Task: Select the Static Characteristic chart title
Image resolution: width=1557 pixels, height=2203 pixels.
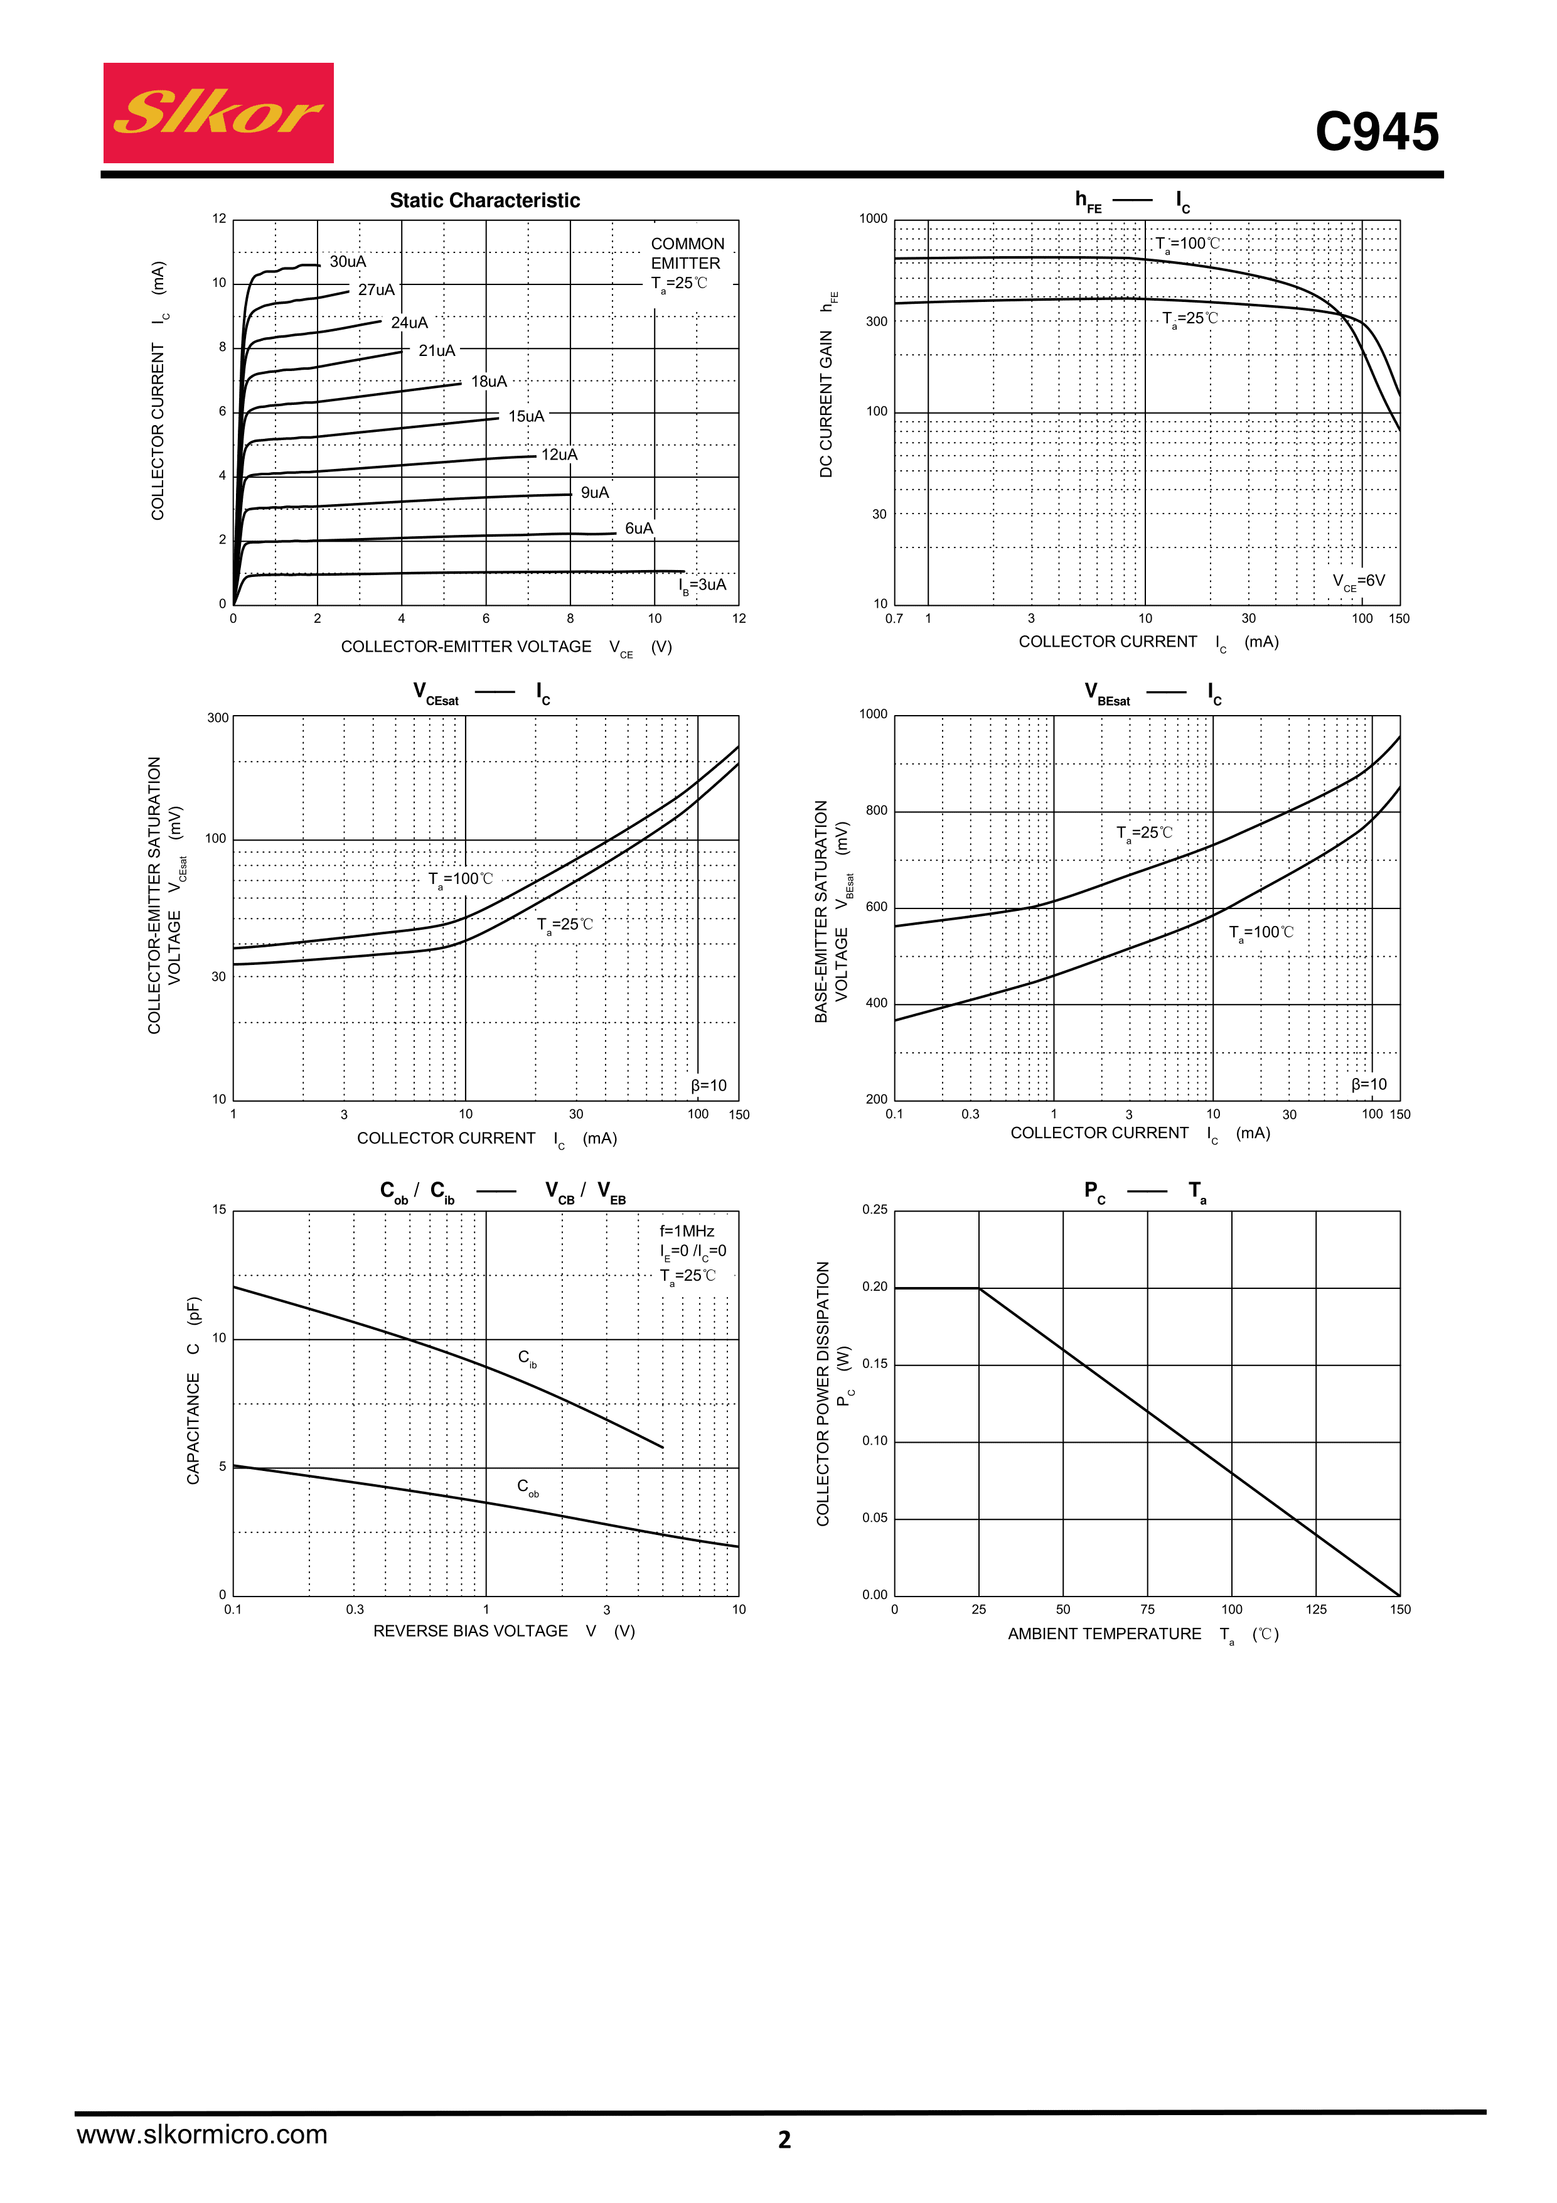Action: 484,200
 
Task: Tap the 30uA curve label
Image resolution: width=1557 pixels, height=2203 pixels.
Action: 347,262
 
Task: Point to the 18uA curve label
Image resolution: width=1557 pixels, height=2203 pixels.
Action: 488,382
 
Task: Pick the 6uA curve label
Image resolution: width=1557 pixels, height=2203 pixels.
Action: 638,529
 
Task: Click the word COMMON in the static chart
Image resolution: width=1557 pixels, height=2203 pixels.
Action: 687,244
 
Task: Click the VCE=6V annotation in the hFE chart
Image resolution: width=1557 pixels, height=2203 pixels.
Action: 1359,581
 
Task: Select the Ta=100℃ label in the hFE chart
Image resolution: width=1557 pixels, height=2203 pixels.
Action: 1187,244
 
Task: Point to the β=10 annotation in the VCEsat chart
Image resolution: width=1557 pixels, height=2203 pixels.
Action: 709,1085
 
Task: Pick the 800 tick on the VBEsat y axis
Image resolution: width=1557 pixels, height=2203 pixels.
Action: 876,811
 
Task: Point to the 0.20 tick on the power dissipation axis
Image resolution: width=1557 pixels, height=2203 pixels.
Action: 874,1286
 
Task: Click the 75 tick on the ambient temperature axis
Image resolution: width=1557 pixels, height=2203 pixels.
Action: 1147,1609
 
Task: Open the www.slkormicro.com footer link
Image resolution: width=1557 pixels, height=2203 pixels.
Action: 201,2135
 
